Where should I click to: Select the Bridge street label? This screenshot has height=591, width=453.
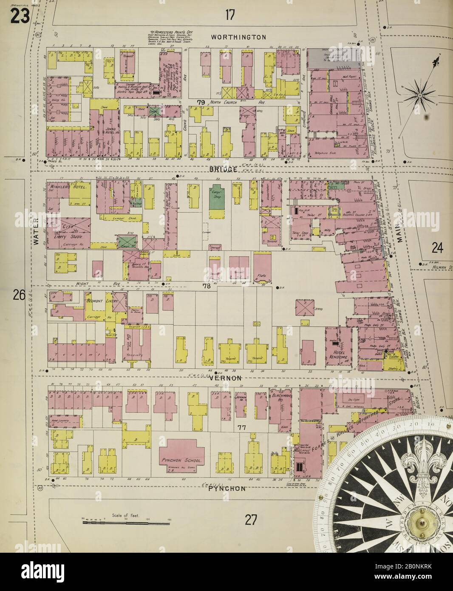coord(223,169)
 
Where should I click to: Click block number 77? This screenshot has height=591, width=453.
coord(242,427)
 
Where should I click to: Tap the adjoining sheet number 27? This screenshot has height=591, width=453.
coord(251,519)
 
